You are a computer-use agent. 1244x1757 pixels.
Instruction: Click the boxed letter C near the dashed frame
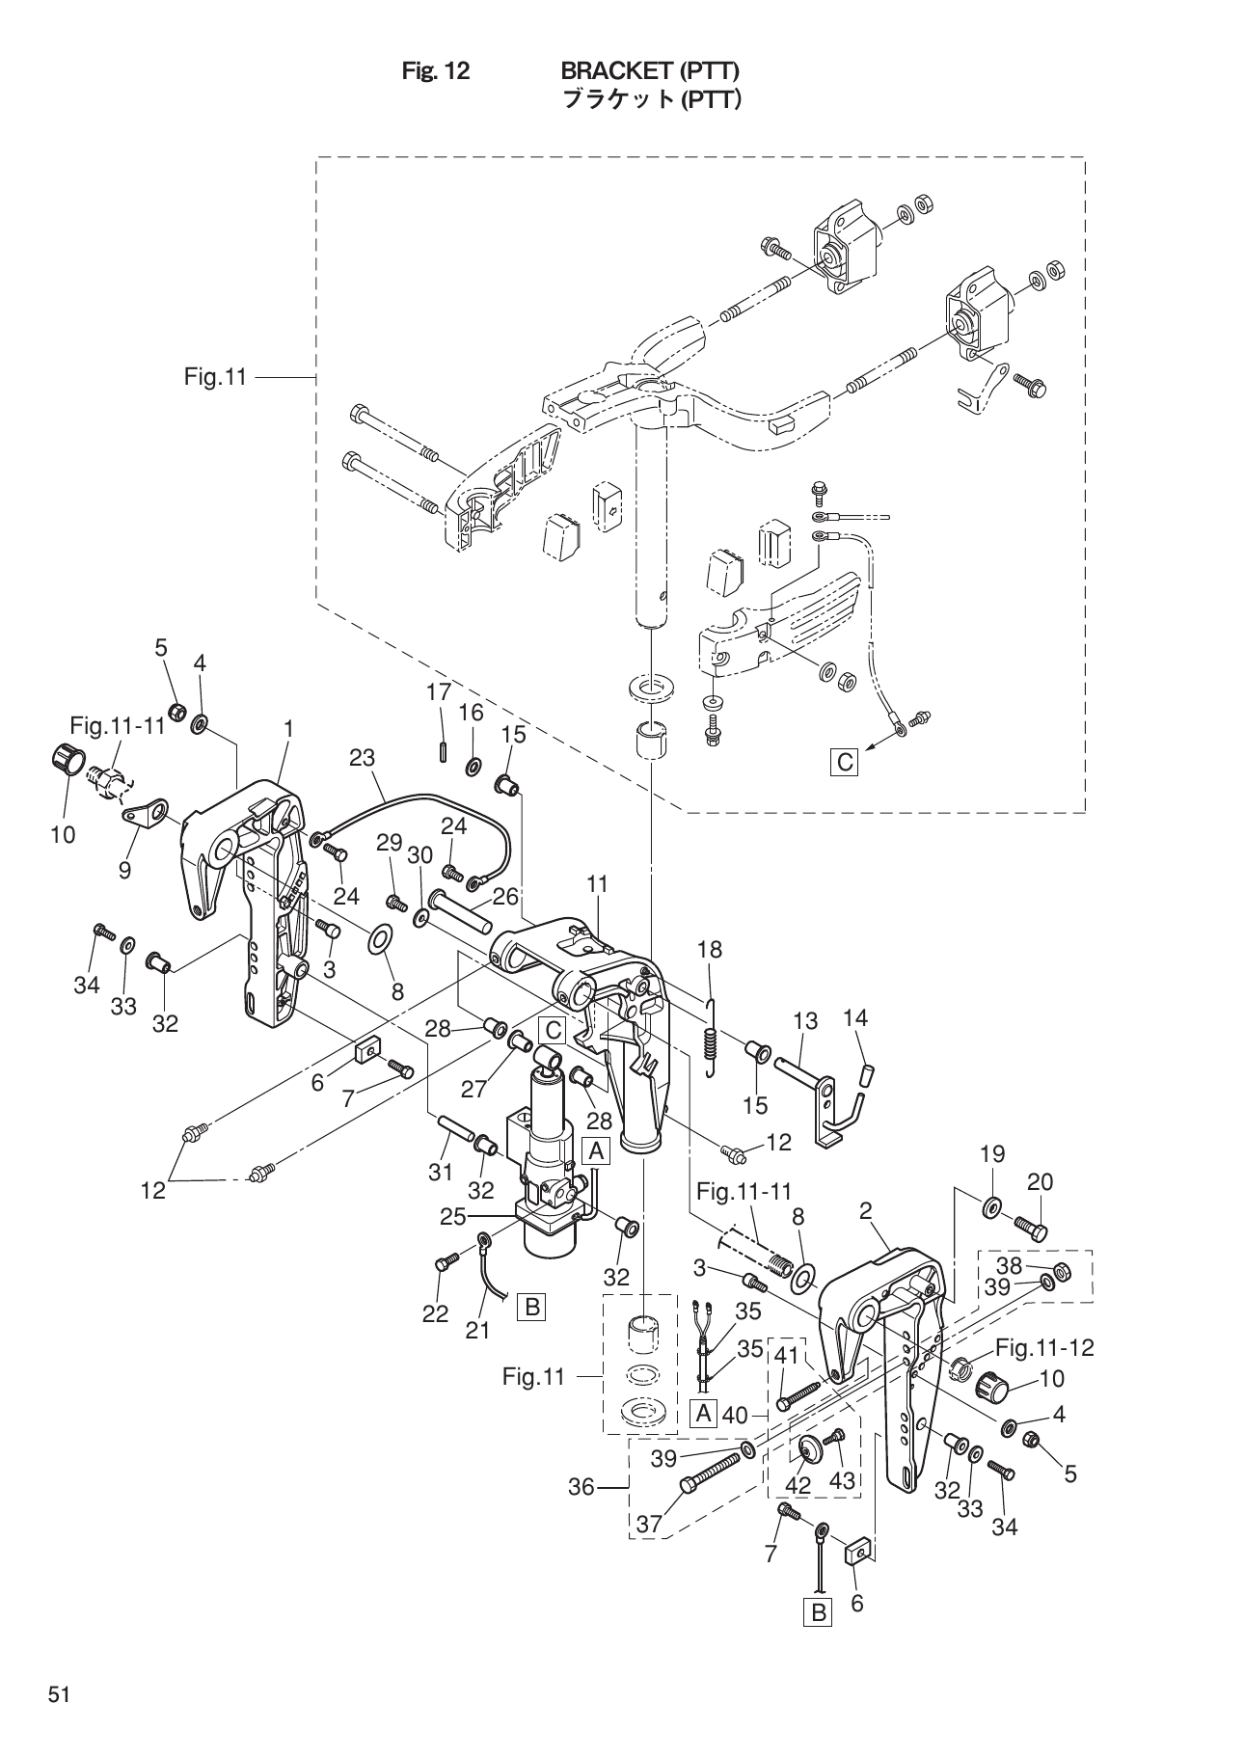point(845,762)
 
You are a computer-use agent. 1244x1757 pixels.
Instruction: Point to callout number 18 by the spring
point(709,949)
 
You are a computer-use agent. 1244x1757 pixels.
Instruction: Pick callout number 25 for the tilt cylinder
point(453,1217)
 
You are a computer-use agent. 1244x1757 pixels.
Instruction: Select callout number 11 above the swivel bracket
point(597,883)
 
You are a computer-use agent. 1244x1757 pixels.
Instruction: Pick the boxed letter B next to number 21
point(531,1308)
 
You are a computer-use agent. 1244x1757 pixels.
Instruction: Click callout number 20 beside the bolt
point(1040,1181)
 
